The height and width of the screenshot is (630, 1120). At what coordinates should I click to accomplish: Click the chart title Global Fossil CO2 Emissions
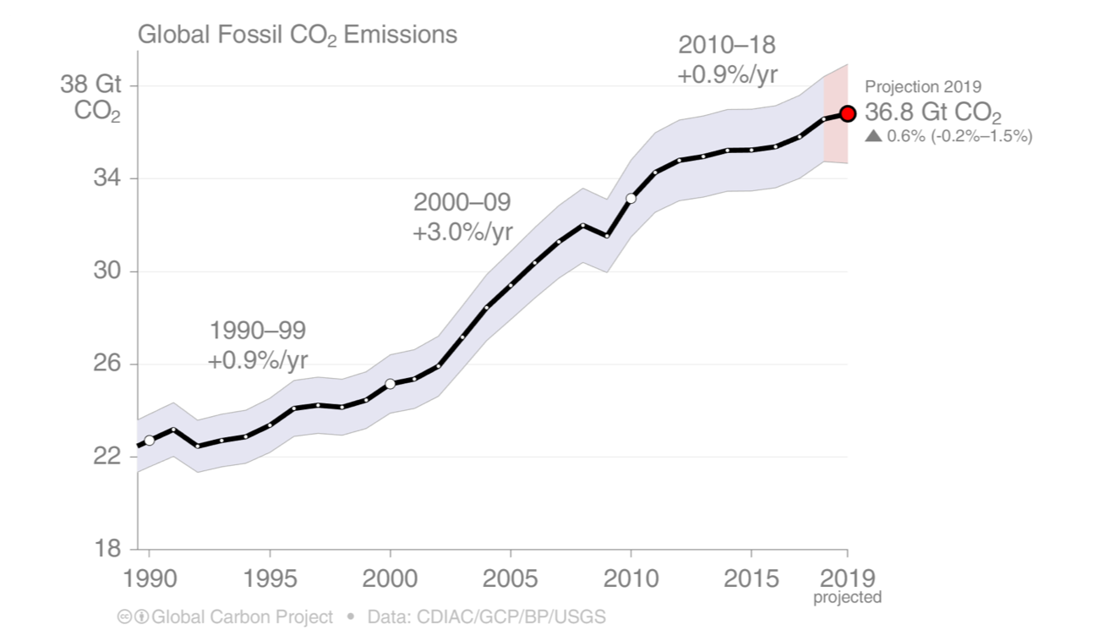tap(297, 36)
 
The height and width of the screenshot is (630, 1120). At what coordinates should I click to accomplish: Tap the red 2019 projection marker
tap(848, 113)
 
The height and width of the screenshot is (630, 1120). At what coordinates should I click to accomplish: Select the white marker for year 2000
tap(390, 383)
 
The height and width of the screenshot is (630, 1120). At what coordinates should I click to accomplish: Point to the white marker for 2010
tap(631, 198)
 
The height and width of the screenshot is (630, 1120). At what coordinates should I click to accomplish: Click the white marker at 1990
tap(150, 440)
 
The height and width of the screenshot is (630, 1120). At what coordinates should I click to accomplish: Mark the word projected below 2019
tap(847, 598)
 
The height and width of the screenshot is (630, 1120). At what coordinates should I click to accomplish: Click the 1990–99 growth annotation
tap(257, 345)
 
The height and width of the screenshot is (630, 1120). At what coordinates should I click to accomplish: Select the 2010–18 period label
tap(726, 45)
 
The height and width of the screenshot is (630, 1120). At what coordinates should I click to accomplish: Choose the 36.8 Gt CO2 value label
tap(932, 114)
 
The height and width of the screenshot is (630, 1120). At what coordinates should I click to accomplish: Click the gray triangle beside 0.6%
tap(873, 135)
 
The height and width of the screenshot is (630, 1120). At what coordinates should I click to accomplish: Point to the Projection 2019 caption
tap(922, 86)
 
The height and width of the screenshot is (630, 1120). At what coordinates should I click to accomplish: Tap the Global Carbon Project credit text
tap(242, 616)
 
